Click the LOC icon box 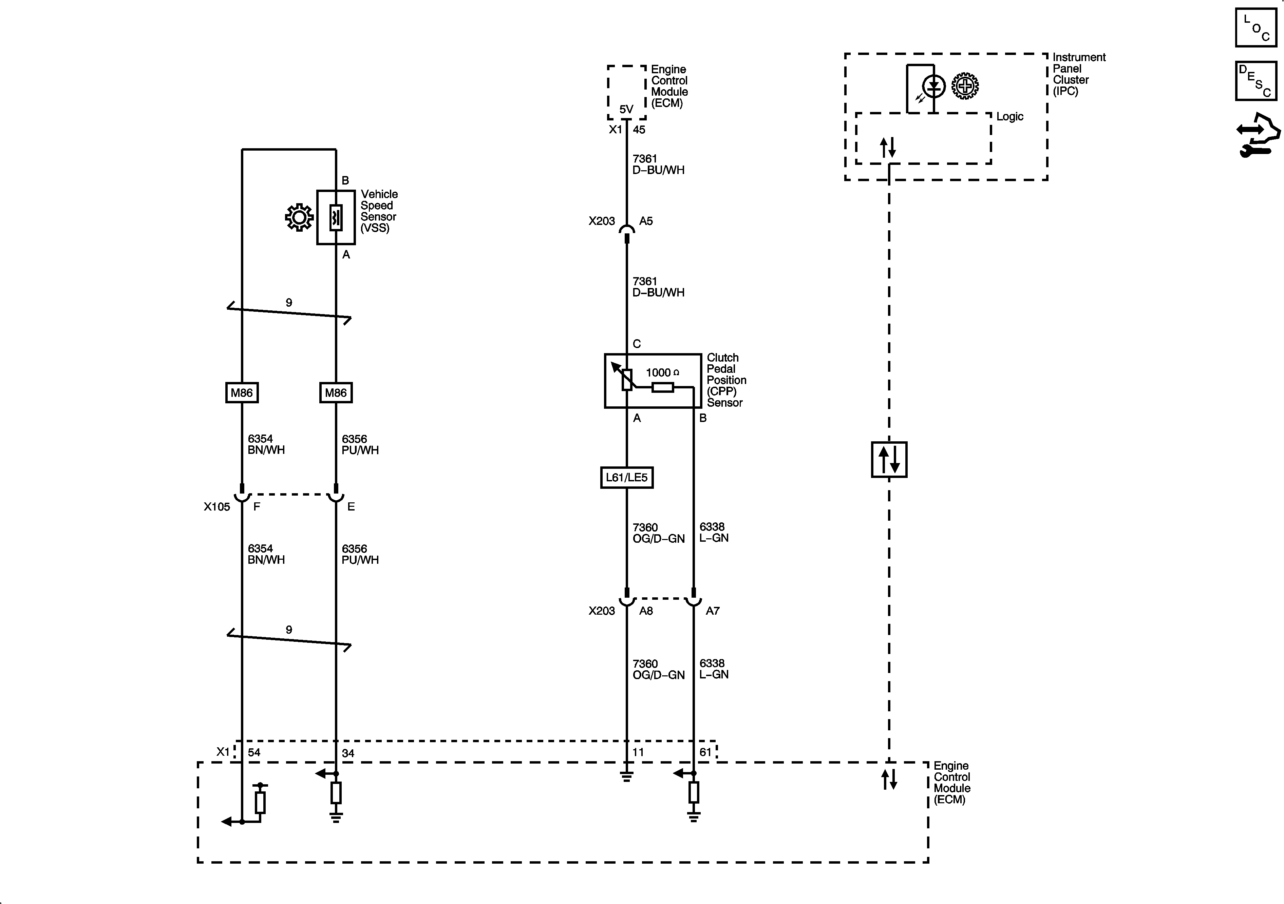1256,27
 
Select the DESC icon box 1256,81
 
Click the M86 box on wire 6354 242,392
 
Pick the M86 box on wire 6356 336,392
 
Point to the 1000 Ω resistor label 662,372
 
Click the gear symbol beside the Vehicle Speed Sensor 299,217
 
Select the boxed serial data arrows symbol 889,460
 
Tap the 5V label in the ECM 626,110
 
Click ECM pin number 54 254,752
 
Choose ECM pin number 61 705,752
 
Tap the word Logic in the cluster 1009,117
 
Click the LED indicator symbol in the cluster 933,86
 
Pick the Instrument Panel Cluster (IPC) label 1079,74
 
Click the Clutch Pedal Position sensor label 726,380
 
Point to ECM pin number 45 639,130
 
